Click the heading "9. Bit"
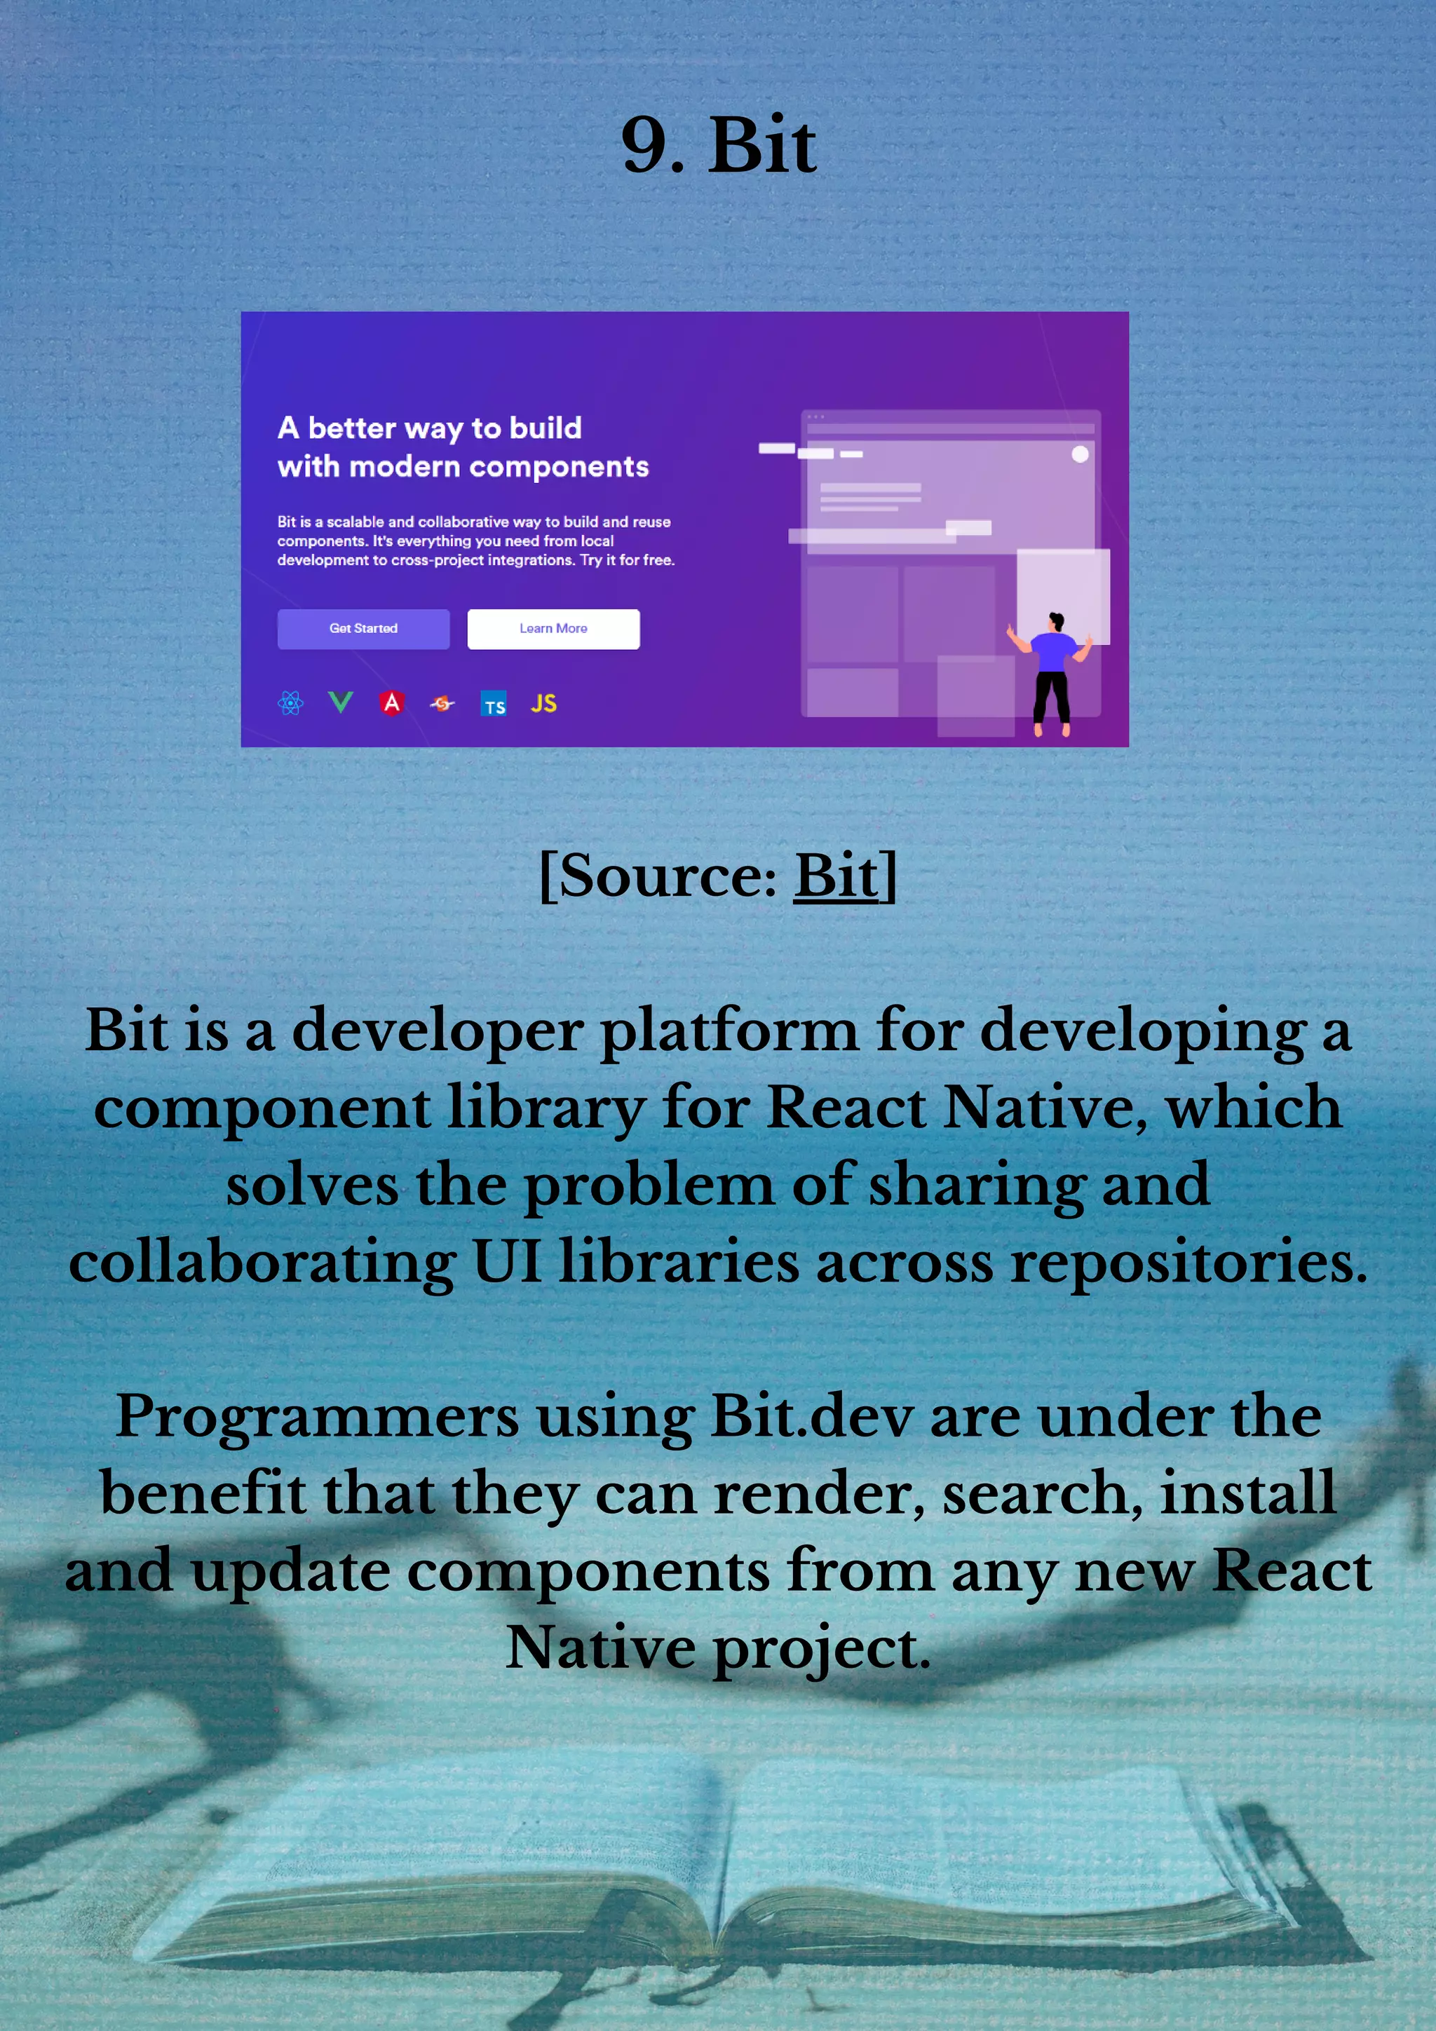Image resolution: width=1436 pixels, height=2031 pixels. coord(719,146)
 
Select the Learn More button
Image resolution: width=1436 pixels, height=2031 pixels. coord(553,629)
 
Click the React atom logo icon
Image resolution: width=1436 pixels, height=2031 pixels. coord(290,703)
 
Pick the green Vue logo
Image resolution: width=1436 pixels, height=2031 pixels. coord(341,702)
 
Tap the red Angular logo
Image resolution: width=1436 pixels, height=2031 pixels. coord(392,702)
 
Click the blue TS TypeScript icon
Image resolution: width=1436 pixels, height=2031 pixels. coord(494,704)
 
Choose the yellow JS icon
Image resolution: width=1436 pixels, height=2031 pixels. coord(543,703)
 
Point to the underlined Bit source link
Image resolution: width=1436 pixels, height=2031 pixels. coord(836,876)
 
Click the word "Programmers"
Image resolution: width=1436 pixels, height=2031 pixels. coord(317,1416)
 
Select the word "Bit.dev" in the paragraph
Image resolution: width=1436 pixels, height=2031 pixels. coord(811,1416)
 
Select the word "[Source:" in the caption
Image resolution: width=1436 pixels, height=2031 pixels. coord(658,876)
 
